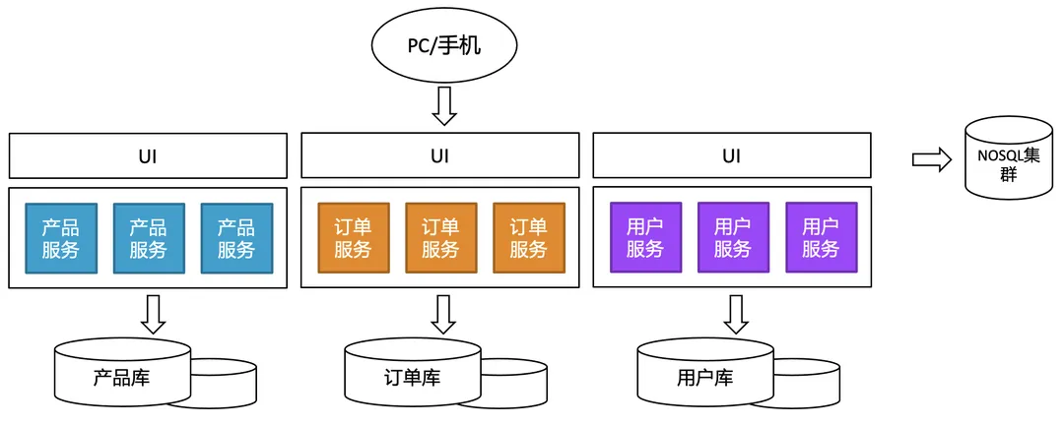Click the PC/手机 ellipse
click(444, 45)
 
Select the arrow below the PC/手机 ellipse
click(444, 106)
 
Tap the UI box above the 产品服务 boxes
click(148, 155)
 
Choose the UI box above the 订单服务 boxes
click(439, 155)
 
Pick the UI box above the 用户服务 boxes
click(731, 155)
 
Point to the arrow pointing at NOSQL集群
click(931, 159)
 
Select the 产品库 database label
click(121, 376)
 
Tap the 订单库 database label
click(412, 378)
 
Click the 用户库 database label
click(704, 378)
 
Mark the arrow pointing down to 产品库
click(153, 313)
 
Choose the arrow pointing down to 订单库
click(444, 314)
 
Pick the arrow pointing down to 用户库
click(736, 314)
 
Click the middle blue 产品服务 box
click(148, 238)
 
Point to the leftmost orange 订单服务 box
click(354, 238)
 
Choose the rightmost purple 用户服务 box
click(821, 238)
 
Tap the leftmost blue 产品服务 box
click(61, 238)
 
